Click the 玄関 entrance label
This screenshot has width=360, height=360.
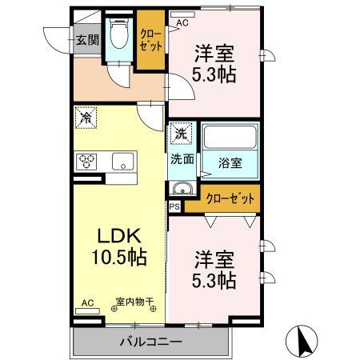pyautogui.click(x=86, y=39)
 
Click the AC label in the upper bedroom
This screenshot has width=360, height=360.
pyautogui.click(x=182, y=23)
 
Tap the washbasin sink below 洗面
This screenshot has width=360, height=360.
pyautogui.click(x=182, y=190)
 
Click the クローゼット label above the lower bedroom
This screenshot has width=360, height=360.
pyautogui.click(x=231, y=198)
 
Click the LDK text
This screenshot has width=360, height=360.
pyautogui.click(x=119, y=236)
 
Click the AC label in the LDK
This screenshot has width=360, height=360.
pyautogui.click(x=87, y=303)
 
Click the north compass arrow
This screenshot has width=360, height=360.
pyautogui.click(x=306, y=340)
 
